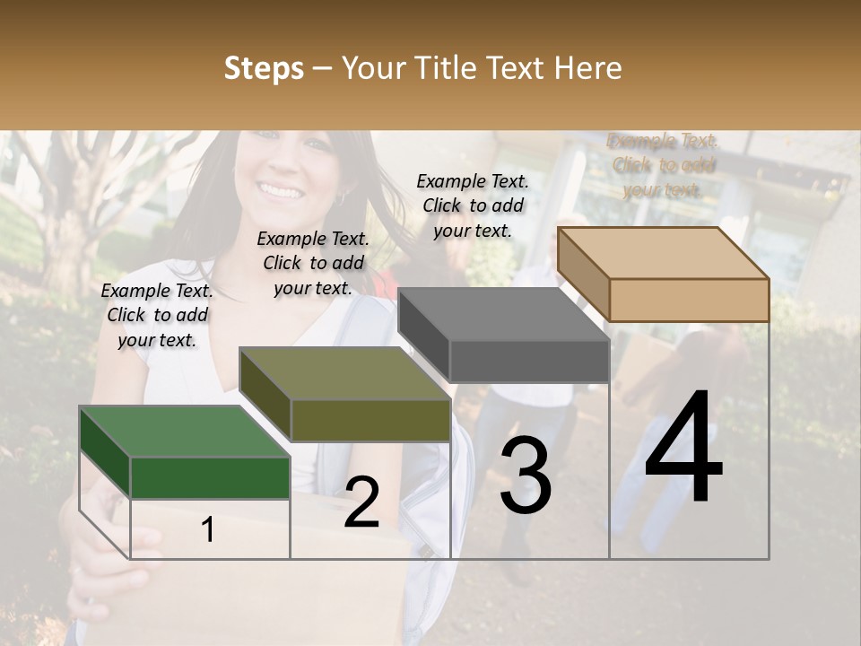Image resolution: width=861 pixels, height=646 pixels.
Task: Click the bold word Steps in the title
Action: (x=264, y=68)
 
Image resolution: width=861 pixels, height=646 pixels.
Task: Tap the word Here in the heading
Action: (x=588, y=68)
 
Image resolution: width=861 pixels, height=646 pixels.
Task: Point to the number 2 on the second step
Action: (x=361, y=502)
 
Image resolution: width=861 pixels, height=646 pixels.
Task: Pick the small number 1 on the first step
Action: (x=208, y=530)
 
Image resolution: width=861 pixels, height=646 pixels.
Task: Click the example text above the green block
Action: (x=157, y=315)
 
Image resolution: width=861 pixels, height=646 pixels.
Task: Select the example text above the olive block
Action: (x=313, y=263)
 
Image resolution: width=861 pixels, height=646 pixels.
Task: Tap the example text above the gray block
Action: (x=473, y=205)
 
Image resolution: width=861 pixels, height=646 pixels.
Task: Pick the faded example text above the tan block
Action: (x=664, y=165)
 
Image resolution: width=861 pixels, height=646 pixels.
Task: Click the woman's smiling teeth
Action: (x=282, y=191)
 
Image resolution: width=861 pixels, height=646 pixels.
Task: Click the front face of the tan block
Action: (x=689, y=300)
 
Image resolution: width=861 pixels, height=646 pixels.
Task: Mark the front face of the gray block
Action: (x=529, y=362)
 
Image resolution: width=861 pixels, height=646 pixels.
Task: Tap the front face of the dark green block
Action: (x=210, y=477)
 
